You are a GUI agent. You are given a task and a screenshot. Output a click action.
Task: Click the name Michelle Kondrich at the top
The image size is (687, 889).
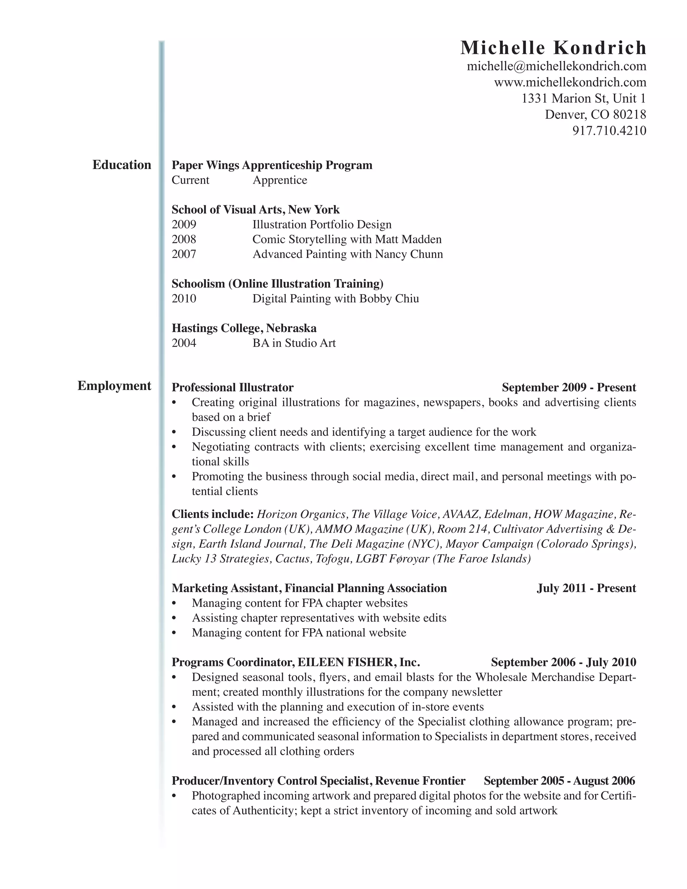[x=553, y=48]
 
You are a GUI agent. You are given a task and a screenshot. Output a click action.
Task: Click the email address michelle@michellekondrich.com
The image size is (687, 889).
[x=557, y=66]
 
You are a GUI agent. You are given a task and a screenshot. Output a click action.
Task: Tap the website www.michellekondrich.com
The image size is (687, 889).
[x=570, y=82]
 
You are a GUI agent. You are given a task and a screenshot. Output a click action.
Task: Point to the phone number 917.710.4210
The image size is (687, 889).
[x=609, y=130]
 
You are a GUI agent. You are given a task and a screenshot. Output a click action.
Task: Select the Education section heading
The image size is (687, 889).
[x=122, y=165]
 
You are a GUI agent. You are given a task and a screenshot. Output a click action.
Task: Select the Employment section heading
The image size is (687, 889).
[x=114, y=385]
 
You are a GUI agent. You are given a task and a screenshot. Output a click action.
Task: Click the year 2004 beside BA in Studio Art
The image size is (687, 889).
[x=184, y=343]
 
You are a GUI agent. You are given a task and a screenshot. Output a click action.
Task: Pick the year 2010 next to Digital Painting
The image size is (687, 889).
[x=184, y=299]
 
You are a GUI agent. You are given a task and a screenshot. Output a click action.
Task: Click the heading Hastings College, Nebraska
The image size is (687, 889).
[x=244, y=328]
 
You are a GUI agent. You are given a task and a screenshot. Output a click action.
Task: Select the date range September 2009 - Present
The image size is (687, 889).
[x=569, y=387]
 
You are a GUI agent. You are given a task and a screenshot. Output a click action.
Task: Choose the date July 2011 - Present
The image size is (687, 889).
[x=586, y=588]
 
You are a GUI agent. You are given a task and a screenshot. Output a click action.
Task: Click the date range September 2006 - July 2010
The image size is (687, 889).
[x=563, y=662]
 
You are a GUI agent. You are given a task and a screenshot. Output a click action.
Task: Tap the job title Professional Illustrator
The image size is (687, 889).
[x=232, y=387]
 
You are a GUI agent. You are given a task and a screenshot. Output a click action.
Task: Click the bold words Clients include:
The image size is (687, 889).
[x=212, y=514]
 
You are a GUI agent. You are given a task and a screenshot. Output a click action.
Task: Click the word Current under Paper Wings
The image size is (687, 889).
[x=191, y=180]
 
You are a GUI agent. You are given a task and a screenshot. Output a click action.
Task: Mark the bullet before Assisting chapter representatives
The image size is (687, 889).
[x=174, y=618]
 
